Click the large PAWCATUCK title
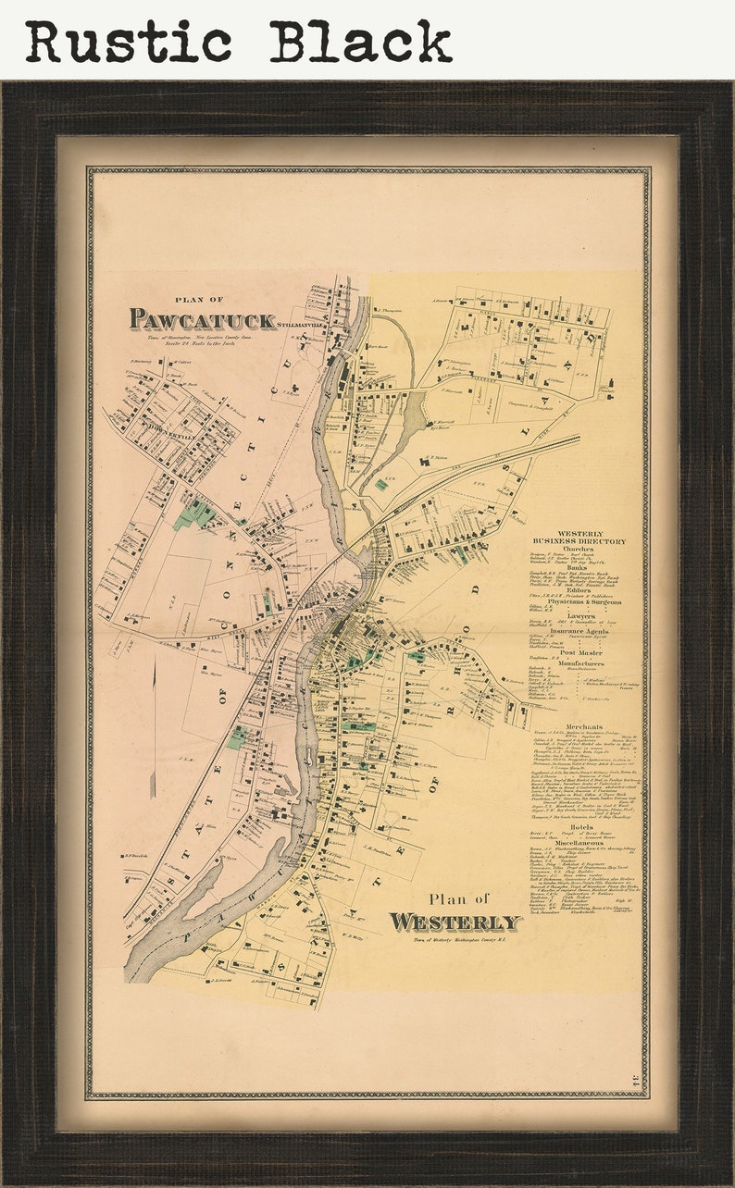tap(202, 320)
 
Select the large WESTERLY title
tap(455, 922)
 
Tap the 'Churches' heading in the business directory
tap(579, 549)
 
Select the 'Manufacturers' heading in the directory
tap(579, 663)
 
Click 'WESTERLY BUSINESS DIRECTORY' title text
tap(579, 538)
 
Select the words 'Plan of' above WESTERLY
tap(458, 898)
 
